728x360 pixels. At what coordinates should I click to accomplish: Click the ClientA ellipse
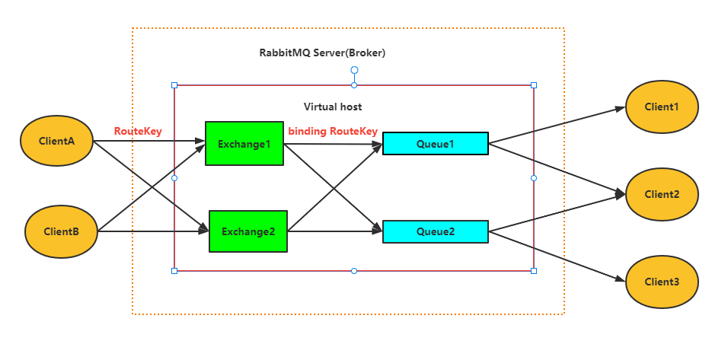pyautogui.click(x=56, y=141)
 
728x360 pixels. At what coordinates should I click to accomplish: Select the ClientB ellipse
pyautogui.click(x=62, y=231)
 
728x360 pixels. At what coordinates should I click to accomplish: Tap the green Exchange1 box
pyautogui.click(x=244, y=142)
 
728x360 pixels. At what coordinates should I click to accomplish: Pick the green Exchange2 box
pyautogui.click(x=247, y=231)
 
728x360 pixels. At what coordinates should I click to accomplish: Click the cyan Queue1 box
pyautogui.click(x=435, y=143)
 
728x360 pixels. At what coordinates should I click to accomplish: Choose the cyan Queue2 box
pyautogui.click(x=435, y=231)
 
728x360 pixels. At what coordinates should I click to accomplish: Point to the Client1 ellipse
pyautogui.click(x=662, y=107)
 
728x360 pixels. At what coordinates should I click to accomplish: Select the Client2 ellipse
pyautogui.click(x=662, y=194)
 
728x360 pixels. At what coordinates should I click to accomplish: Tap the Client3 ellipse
pyautogui.click(x=662, y=282)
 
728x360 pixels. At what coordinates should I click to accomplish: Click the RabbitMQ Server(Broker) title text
pyautogui.click(x=323, y=53)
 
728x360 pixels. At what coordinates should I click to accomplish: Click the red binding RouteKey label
pyautogui.click(x=333, y=131)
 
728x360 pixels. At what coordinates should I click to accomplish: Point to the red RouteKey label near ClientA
pyautogui.click(x=138, y=131)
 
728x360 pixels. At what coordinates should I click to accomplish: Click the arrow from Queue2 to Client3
pyautogui.click(x=556, y=255)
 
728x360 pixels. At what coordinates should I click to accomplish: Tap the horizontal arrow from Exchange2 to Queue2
pyautogui.click(x=335, y=231)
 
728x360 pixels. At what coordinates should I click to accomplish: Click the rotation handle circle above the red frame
pyautogui.click(x=354, y=70)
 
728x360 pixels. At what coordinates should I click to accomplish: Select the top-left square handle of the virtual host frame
pyautogui.click(x=174, y=85)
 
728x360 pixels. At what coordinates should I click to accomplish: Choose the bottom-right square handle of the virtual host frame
pyautogui.click(x=533, y=270)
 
